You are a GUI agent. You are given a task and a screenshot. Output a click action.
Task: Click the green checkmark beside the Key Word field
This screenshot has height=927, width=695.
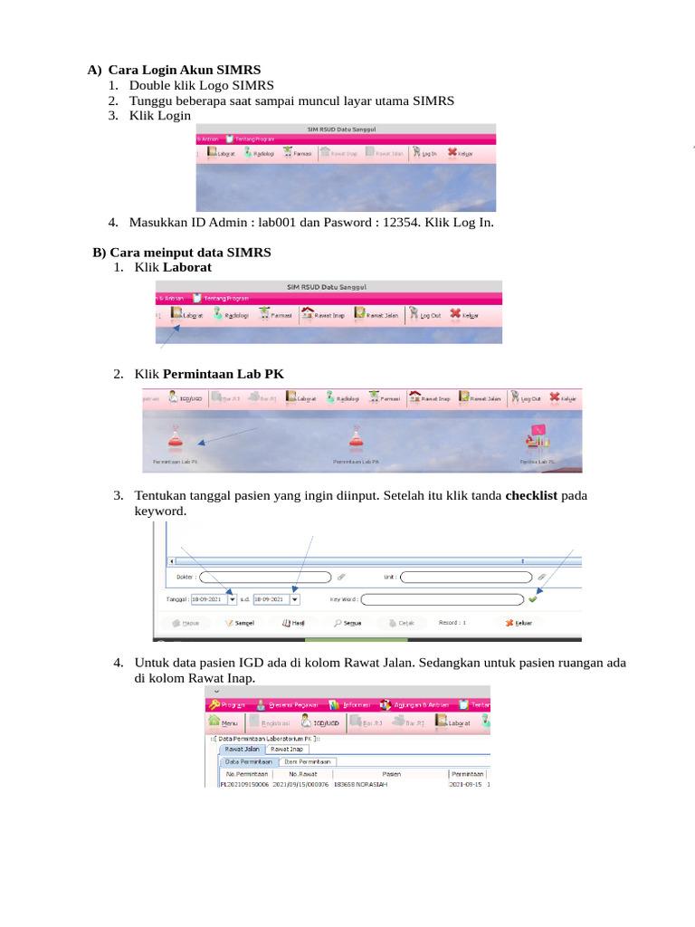click(533, 598)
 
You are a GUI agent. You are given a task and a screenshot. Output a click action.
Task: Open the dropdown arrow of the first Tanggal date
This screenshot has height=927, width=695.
click(233, 599)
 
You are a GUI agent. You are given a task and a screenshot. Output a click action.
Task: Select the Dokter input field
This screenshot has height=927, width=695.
click(264, 576)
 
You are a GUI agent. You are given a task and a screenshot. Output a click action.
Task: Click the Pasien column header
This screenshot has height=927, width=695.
click(391, 774)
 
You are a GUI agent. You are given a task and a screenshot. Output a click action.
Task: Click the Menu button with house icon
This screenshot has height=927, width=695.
click(224, 722)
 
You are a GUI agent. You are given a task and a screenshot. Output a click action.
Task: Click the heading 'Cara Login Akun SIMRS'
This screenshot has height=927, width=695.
click(185, 70)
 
